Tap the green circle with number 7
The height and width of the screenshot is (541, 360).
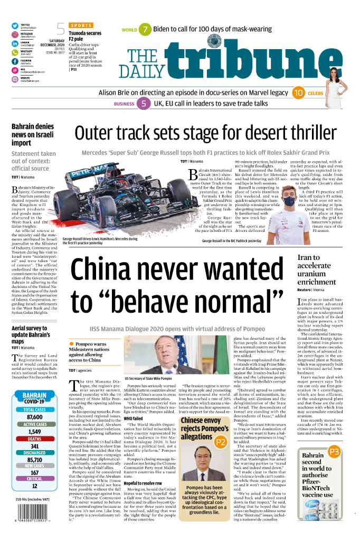[145, 30]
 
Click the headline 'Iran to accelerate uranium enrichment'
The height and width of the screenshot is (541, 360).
[316, 269]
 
